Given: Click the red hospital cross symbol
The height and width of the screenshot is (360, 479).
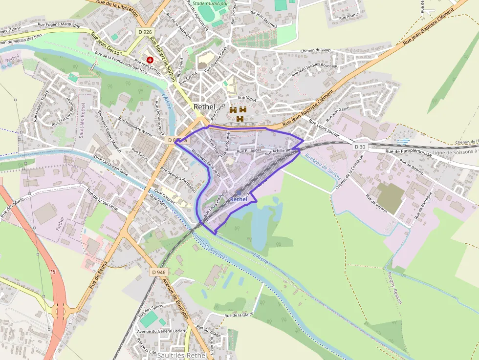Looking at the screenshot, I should [150, 59].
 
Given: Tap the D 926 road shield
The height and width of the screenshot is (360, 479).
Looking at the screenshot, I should [143, 31].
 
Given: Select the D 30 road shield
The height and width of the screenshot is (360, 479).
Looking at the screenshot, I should [360, 147].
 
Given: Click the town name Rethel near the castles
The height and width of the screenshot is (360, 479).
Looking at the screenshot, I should [204, 106].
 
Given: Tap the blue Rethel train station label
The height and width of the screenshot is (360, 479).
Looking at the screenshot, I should [239, 199].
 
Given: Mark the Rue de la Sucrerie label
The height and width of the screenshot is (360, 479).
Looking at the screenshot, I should [102, 199].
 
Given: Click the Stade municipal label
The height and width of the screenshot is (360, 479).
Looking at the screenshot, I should [210, 3].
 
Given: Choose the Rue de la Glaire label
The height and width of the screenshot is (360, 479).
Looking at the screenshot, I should [239, 315].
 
